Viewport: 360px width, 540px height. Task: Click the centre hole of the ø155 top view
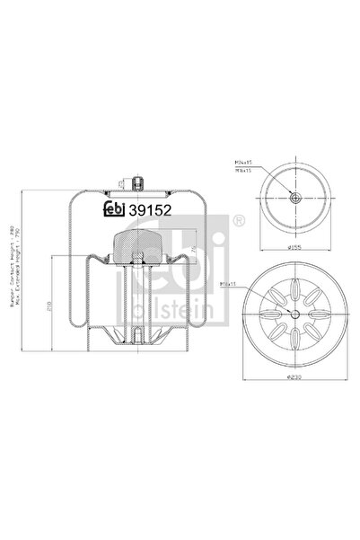[295, 198]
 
